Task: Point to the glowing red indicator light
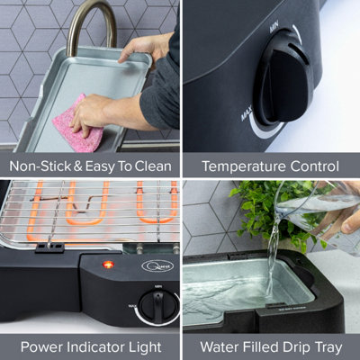click(x=109, y=265)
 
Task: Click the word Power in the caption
click(x=42, y=346)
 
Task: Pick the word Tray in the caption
click(x=324, y=346)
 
